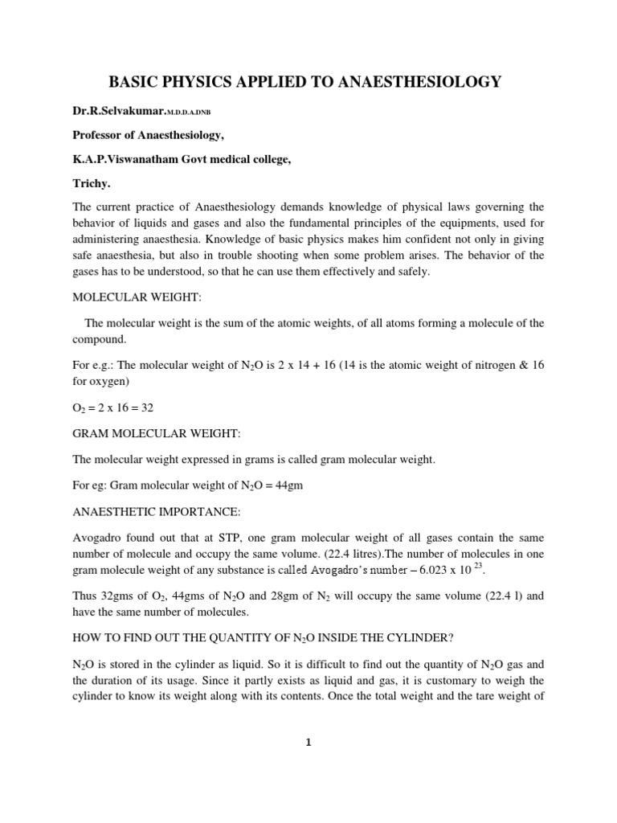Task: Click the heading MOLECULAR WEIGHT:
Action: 129,297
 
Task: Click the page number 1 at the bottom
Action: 308,743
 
